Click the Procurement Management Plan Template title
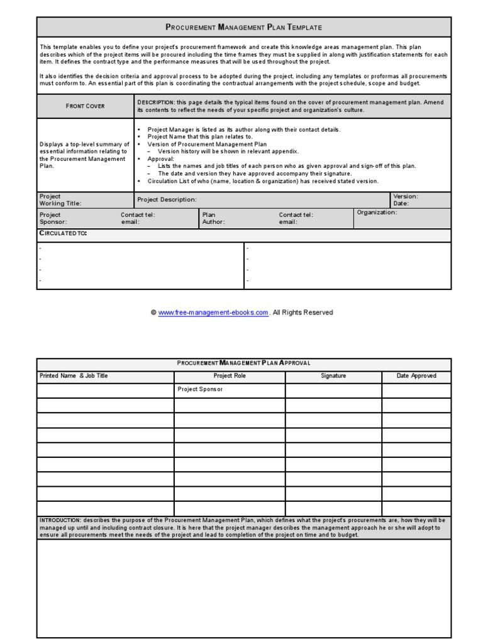click(243, 27)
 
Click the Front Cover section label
click(85, 106)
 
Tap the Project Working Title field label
click(60, 200)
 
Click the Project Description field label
click(167, 199)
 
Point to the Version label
click(405, 196)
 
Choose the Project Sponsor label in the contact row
click(53, 218)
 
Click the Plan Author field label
click(213, 218)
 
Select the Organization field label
click(377, 213)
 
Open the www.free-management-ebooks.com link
click(213, 313)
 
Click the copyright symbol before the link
click(153, 313)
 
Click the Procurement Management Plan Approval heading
click(243, 363)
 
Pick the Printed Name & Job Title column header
click(74, 376)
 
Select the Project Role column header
click(230, 376)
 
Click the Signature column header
click(333, 376)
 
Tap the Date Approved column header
click(416, 376)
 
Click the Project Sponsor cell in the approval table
click(200, 389)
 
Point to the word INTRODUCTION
click(60, 521)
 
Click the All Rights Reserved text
click(303, 313)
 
